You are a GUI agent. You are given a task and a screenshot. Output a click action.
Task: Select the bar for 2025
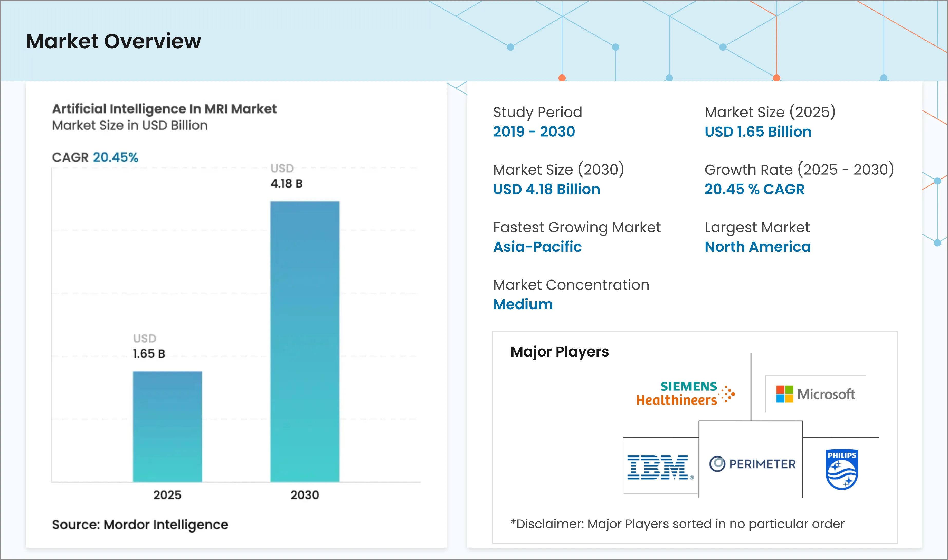[x=167, y=426]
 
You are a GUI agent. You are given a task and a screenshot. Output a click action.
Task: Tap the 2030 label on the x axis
[x=305, y=495]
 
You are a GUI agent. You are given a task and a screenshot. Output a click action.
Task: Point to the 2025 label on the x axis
[x=167, y=495]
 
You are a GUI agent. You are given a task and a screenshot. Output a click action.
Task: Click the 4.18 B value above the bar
[x=287, y=184]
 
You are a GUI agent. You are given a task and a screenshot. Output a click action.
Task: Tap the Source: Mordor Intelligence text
[x=140, y=525]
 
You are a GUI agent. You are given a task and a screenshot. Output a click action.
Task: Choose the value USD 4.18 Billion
[x=546, y=189]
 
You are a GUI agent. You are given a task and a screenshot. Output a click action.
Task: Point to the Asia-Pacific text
[x=537, y=247]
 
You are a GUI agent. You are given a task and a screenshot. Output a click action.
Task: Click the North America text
[x=757, y=247]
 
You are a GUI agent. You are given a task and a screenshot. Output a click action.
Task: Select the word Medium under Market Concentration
[x=523, y=304]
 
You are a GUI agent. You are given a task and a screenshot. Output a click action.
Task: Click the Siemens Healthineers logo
[x=685, y=394]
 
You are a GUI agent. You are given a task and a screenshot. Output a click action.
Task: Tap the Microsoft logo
[x=815, y=394]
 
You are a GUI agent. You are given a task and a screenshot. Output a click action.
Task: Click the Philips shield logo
[x=842, y=469]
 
